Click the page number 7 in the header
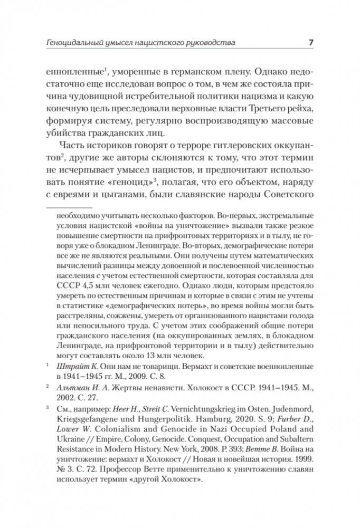coord(311,42)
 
